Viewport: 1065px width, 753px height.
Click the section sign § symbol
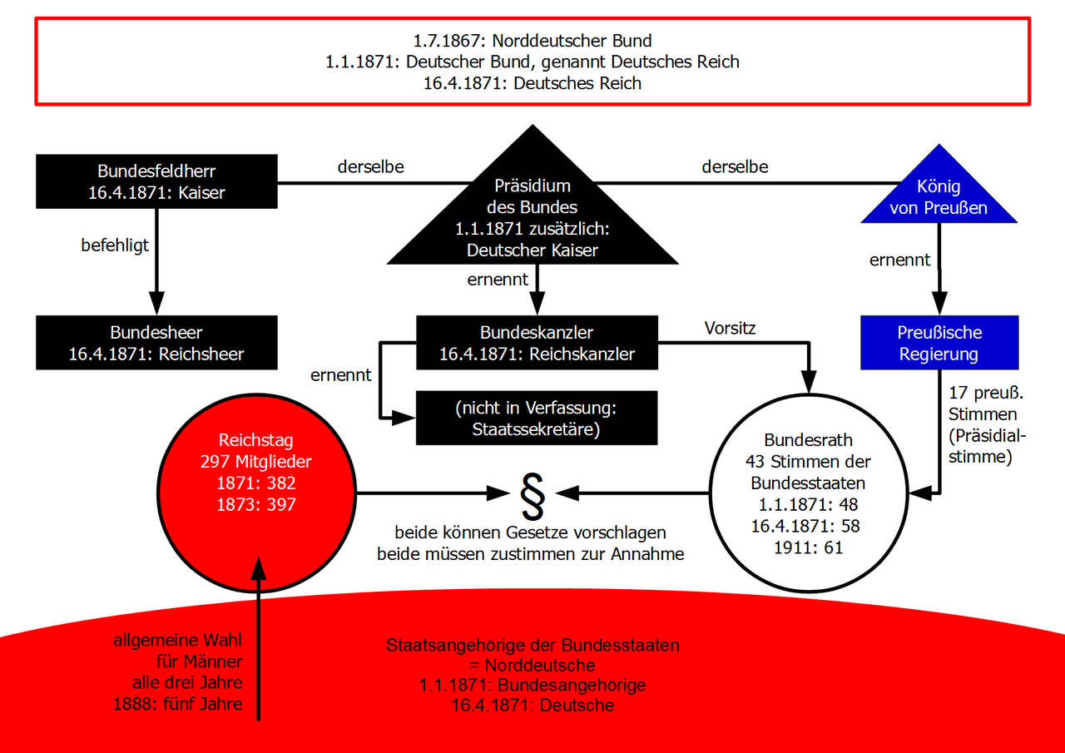(x=532, y=495)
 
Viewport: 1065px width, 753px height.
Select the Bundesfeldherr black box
(x=156, y=182)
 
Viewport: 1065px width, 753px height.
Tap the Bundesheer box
(x=156, y=344)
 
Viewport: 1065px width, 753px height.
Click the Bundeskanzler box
(x=537, y=343)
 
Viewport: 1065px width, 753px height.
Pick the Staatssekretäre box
(x=537, y=419)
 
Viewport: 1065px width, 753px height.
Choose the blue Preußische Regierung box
(x=939, y=343)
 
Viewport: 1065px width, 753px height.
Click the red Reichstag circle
(x=257, y=491)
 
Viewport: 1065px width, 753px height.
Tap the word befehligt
(x=115, y=245)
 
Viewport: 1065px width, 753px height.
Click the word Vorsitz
(x=729, y=327)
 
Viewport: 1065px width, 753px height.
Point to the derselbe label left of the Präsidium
(x=371, y=166)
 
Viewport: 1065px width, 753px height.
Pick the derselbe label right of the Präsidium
(x=735, y=166)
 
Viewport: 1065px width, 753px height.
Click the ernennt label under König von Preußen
(x=900, y=260)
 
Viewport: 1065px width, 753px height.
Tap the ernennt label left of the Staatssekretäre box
(x=341, y=375)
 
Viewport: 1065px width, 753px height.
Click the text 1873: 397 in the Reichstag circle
(x=257, y=504)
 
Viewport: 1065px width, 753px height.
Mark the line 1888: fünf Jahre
(x=178, y=704)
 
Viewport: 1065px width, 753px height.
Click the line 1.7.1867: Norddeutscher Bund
(x=532, y=40)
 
